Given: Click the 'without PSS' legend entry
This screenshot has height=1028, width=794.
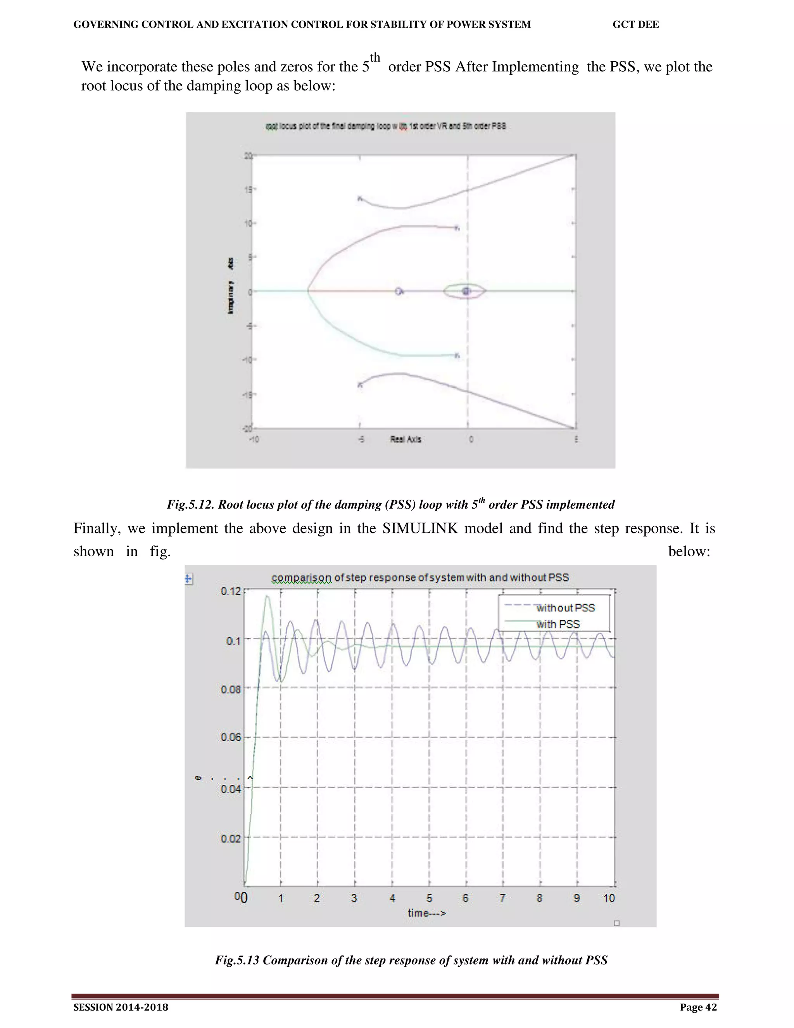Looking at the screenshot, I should click(x=565, y=607).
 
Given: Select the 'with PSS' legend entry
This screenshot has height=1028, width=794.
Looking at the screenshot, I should click(x=558, y=625).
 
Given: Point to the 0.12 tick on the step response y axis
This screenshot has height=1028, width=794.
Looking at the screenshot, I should click(x=231, y=591).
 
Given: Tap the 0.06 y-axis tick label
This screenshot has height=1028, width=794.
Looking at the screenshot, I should click(x=231, y=737).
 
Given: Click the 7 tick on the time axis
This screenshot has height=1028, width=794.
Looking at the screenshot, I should click(x=502, y=898).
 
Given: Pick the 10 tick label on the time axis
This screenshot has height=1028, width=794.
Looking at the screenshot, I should click(x=609, y=898).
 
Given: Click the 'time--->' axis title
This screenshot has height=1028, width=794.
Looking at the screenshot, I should click(x=426, y=913).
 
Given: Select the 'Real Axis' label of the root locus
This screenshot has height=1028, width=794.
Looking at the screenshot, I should click(x=406, y=439).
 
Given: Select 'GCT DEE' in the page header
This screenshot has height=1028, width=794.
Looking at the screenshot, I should click(x=635, y=24).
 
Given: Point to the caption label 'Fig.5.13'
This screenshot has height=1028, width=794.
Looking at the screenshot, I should click(x=237, y=960).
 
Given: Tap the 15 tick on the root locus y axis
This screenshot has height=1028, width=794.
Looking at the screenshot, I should click(x=247, y=190).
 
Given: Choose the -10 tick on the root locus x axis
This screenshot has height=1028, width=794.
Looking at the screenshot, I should click(x=254, y=440).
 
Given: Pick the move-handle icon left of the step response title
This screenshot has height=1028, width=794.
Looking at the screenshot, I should click(x=189, y=579).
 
